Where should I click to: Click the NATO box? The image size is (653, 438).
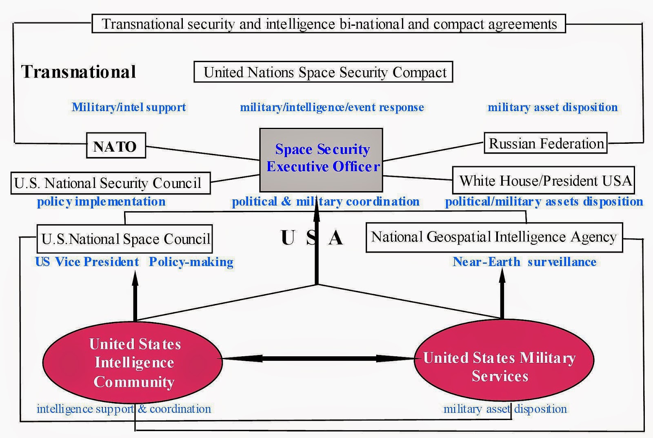pos(116,145)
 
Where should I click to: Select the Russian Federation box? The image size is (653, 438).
pos(545,143)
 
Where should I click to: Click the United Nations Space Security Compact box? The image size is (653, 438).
pos(323,72)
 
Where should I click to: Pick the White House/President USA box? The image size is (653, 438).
pos(544,180)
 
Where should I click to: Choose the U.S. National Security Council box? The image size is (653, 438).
pos(110,183)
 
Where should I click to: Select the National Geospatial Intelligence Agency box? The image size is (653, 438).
pos(494,237)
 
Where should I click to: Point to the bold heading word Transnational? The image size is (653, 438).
pos(78,72)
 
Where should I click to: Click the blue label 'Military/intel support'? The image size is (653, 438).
pos(129,107)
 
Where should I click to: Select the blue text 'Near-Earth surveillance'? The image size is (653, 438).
pos(524,262)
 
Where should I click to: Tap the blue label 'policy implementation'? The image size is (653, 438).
pos(101,202)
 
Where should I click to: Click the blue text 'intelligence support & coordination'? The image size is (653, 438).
pos(124,409)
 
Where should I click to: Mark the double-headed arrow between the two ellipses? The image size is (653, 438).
pos(318,359)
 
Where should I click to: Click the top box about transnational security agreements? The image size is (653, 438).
pos(329,24)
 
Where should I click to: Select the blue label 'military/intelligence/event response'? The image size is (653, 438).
pos(332,107)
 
